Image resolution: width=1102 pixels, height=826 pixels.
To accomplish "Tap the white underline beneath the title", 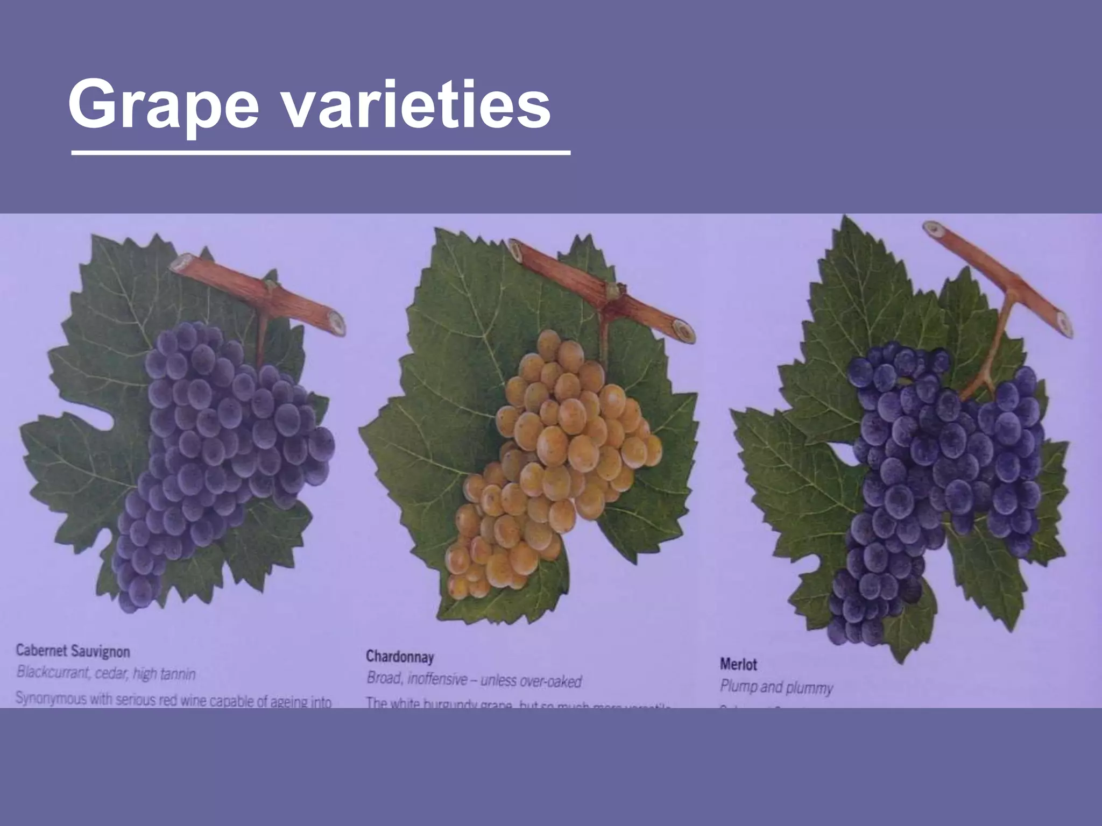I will coord(320,154).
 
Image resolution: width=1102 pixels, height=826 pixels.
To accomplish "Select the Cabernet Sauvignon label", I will coord(73,651).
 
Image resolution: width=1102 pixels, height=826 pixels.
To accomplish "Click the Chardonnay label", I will coord(400,657).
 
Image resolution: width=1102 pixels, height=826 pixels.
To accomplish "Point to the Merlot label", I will coord(738,665).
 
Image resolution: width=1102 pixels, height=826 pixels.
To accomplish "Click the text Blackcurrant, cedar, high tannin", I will coord(106,673).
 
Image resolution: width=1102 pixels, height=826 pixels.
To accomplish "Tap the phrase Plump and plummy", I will coord(776,687).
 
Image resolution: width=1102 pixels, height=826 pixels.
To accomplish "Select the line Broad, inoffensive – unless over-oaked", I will coord(474,680).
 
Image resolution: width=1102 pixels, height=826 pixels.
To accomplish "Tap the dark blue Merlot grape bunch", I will coord(931,473).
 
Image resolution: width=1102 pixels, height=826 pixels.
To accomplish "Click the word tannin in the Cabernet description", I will coord(178,674).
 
